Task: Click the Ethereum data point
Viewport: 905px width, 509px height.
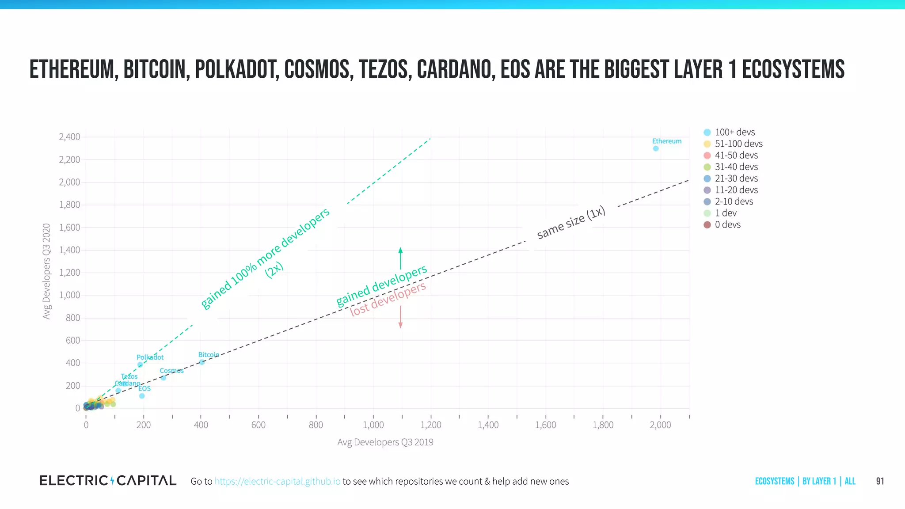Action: [x=656, y=148]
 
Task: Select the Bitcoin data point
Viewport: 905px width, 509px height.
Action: [x=202, y=362]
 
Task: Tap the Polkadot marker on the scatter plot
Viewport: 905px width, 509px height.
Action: [x=140, y=365]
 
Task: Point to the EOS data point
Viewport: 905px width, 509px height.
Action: [x=142, y=396]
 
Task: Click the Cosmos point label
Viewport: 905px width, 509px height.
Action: [x=171, y=371]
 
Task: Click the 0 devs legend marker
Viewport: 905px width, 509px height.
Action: [x=707, y=225]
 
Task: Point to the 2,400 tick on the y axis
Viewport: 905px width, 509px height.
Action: [x=69, y=137]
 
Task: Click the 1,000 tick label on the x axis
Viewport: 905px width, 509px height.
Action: [x=373, y=425]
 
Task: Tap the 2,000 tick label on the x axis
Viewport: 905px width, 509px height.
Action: [x=660, y=425]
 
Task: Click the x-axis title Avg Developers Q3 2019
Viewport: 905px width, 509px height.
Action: [x=385, y=442]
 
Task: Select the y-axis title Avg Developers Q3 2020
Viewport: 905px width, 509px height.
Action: [x=46, y=271]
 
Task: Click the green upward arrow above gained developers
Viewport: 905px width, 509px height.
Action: [x=400, y=258]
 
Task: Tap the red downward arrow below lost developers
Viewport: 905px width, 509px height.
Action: [x=400, y=317]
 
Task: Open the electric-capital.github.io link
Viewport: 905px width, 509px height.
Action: [x=278, y=481]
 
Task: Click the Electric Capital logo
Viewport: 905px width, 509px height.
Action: [x=108, y=481]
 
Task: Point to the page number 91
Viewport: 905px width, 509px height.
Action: [x=880, y=481]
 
